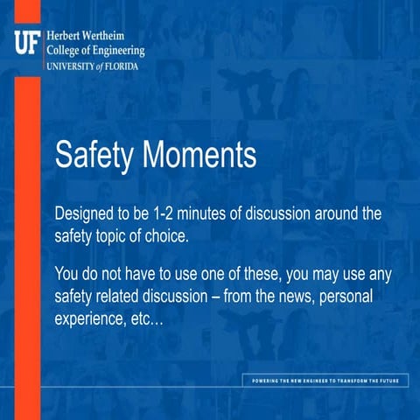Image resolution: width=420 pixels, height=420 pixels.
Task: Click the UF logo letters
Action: (27, 40)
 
